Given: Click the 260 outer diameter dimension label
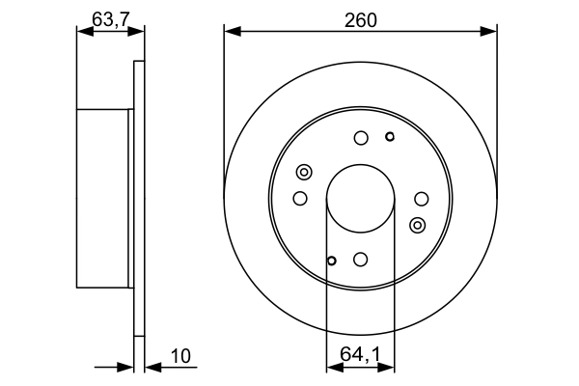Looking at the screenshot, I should (361, 18).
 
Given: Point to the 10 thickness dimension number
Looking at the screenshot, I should (180, 356).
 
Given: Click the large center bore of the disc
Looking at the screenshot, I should (360, 198).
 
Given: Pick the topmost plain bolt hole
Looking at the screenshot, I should (360, 138).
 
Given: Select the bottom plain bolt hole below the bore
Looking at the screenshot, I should (360, 259).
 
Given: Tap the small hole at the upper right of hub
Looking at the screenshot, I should (390, 136).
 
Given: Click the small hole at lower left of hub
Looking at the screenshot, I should (331, 260).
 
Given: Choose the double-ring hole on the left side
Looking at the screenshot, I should (304, 173).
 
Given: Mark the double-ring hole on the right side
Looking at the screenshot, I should (417, 225).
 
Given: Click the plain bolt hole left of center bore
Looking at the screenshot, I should (300, 199).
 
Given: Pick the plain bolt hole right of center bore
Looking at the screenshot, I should (421, 199).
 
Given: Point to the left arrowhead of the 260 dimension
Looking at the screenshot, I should (230, 32).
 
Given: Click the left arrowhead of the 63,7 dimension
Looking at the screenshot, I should (82, 32).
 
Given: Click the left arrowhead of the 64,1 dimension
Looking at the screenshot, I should (332, 367).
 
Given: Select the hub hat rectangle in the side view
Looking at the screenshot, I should (103, 198).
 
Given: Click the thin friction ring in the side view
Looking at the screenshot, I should (139, 198).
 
